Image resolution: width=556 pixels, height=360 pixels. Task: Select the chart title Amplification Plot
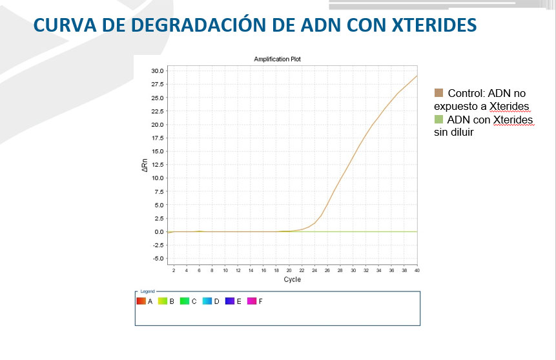pyautogui.click(x=277, y=59)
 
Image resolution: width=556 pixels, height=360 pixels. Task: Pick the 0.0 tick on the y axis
pyautogui.click(x=158, y=231)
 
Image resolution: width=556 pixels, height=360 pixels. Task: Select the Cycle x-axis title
pyautogui.click(x=292, y=280)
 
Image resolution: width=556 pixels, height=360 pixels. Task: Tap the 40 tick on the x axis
pyautogui.click(x=417, y=271)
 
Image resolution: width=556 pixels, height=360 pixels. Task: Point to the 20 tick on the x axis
pyautogui.click(x=289, y=271)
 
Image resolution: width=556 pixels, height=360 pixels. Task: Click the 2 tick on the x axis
pyautogui.click(x=174, y=271)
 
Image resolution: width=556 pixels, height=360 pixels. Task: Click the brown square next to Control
pyautogui.click(x=439, y=93)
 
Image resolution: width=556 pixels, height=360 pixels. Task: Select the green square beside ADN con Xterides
pyautogui.click(x=439, y=120)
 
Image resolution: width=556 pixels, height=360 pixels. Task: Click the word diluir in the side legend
pyautogui.click(x=462, y=132)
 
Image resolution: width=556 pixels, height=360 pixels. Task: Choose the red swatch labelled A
pyautogui.click(x=141, y=301)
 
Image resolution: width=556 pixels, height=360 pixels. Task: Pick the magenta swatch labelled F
pyautogui.click(x=252, y=301)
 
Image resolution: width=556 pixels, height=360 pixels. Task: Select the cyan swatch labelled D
pyautogui.click(x=207, y=301)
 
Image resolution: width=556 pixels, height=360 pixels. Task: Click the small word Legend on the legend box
pyautogui.click(x=147, y=292)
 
